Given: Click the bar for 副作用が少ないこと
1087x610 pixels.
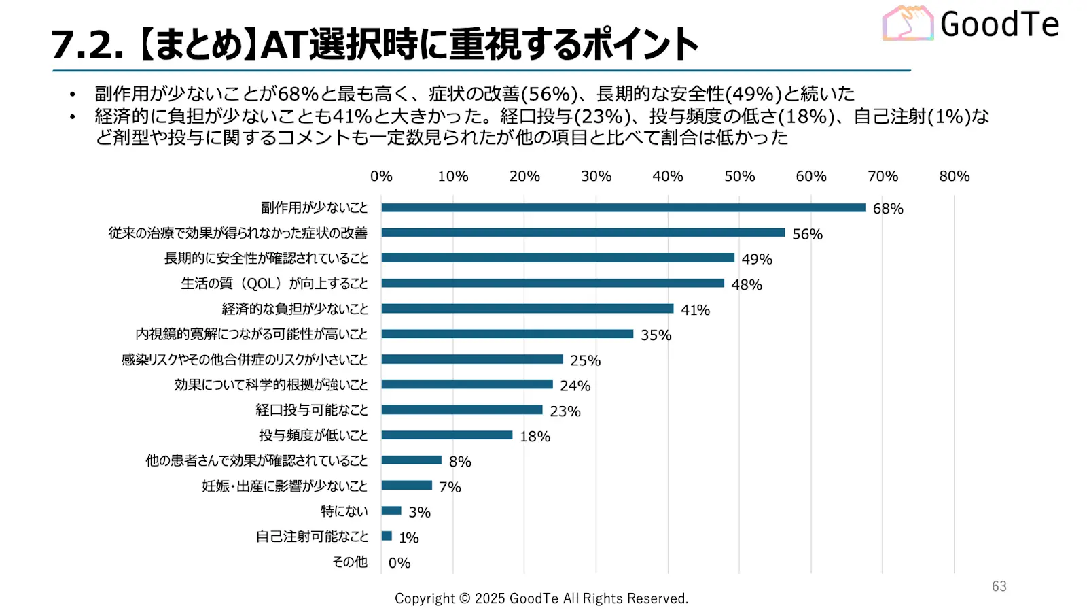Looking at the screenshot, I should [x=623, y=207].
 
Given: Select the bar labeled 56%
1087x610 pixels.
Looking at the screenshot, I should [x=583, y=233].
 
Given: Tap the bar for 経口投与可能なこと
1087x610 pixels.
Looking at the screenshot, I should [x=462, y=409].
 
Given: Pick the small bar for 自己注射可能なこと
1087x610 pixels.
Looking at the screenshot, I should [x=387, y=536].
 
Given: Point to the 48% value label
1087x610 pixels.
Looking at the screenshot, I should [x=747, y=285].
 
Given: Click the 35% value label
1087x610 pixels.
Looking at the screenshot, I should [x=656, y=335].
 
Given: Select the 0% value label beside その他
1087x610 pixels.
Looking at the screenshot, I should [x=399, y=563].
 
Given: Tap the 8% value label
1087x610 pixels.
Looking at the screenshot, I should [x=460, y=462].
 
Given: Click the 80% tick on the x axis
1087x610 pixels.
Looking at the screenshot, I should [x=954, y=176].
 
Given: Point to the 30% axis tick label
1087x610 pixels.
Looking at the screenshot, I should [x=596, y=176].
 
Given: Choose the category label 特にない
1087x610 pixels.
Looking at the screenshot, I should [x=344, y=511].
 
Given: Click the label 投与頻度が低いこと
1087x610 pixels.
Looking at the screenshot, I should [x=313, y=435].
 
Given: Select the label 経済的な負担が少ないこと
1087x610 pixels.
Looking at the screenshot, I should [x=295, y=309].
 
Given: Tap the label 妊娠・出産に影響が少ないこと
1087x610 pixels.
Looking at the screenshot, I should [x=285, y=486].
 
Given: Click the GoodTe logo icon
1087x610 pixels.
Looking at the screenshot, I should [x=908, y=24].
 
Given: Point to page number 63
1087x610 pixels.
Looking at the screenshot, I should [x=999, y=586].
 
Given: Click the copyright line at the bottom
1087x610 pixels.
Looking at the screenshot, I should [x=541, y=598].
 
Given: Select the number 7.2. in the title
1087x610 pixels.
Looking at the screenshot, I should [x=88, y=45].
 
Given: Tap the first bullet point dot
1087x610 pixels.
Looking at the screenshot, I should [x=73, y=94].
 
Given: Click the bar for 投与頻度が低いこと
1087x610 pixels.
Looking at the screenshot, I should [x=447, y=435].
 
